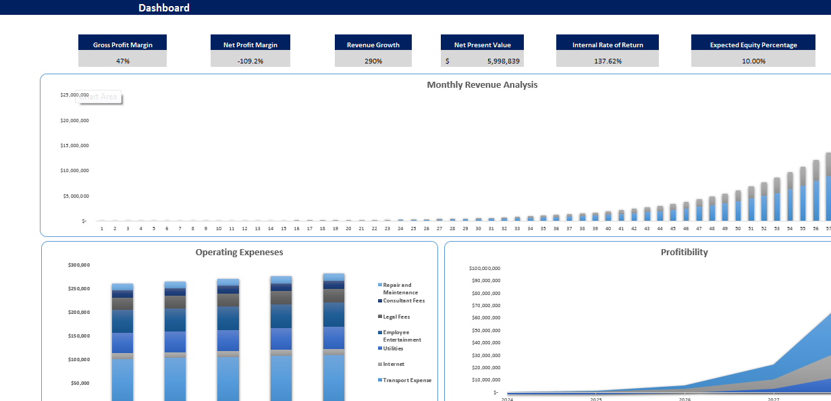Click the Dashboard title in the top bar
[164, 8]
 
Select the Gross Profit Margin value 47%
[122, 61]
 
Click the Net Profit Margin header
[250, 45]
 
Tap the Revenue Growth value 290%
[373, 61]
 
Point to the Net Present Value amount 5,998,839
[504, 61]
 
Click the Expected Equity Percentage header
[753, 45]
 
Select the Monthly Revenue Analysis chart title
[482, 84]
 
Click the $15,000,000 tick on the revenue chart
[75, 145]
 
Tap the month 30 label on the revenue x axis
[478, 228]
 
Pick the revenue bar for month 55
[803, 196]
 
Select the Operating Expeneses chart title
[239, 252]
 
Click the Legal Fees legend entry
[396, 317]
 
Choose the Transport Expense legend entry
[406, 380]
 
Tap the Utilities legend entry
[393, 348]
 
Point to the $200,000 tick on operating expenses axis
[78, 312]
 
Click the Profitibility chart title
[685, 252]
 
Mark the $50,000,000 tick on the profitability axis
[485, 330]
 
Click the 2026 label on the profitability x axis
[685, 399]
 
